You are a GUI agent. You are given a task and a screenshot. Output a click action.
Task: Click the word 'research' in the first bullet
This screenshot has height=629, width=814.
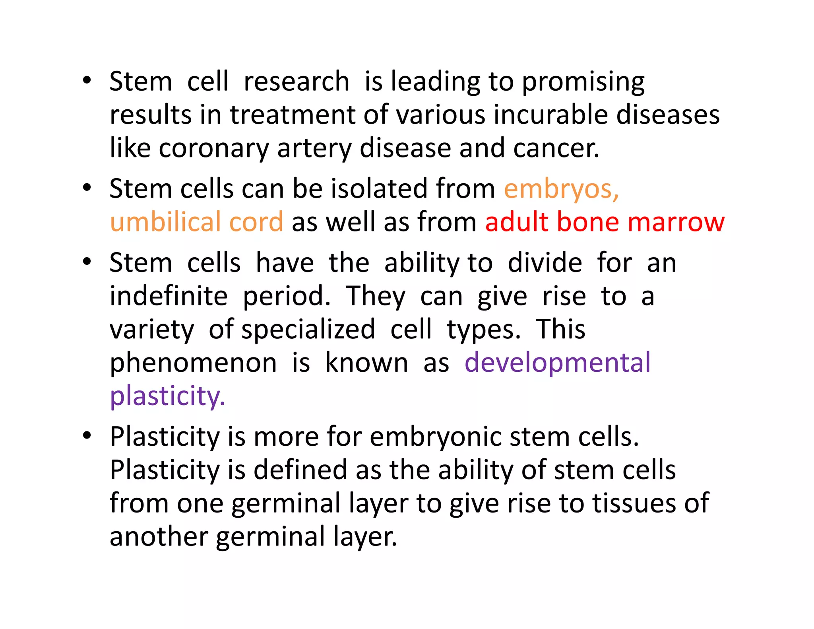tap(296, 82)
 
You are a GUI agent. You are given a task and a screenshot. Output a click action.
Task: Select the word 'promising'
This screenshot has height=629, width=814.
tap(583, 83)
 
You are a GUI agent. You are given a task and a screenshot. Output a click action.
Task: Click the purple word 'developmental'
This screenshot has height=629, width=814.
tap(557, 363)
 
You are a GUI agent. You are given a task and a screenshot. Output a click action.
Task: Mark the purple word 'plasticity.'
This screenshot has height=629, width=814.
tap(167, 397)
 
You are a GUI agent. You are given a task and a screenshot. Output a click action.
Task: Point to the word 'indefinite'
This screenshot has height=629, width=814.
tap(169, 296)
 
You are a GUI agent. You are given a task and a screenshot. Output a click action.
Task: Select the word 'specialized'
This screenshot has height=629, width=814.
tap(308, 330)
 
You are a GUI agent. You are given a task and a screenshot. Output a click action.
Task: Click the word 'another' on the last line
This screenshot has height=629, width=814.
tap(159, 537)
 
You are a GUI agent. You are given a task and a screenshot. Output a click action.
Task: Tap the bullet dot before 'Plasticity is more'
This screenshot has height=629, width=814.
tap(87, 435)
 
